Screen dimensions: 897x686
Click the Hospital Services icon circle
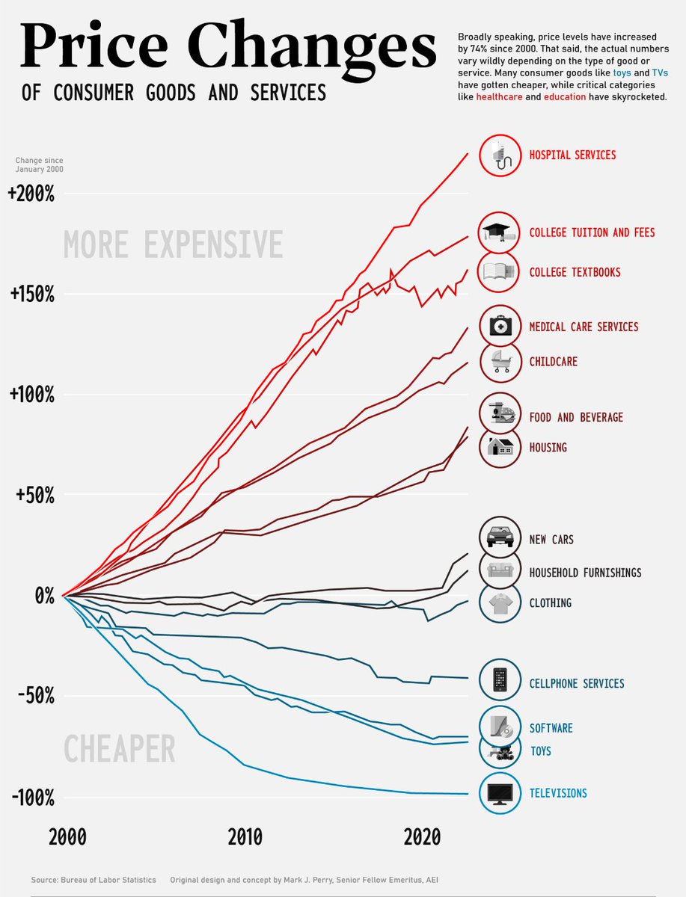[x=499, y=155]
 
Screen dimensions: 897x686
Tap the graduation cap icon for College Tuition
[x=499, y=232]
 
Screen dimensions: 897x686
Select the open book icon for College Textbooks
[x=499, y=272]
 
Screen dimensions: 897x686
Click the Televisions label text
[x=558, y=793]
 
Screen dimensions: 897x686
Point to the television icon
[x=499, y=793]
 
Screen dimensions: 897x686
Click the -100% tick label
[x=33, y=798]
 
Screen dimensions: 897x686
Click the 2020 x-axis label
[x=422, y=838]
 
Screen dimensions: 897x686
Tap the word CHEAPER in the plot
[x=119, y=748]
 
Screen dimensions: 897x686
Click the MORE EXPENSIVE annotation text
[x=173, y=245]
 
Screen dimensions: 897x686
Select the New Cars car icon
[x=499, y=537]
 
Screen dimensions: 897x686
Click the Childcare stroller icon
[x=499, y=362]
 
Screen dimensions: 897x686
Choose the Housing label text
[x=548, y=448]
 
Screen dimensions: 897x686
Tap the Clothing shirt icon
[x=499, y=601]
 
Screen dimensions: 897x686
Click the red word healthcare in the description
[x=499, y=97]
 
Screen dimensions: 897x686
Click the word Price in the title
[x=97, y=46]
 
